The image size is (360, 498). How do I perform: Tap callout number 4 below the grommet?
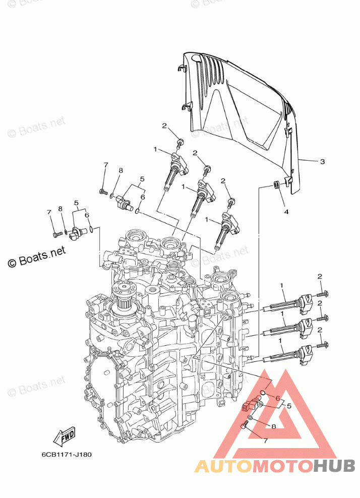286,212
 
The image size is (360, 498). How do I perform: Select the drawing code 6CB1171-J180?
67,454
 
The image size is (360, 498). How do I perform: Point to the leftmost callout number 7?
49,212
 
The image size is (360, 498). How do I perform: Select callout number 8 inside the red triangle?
273,426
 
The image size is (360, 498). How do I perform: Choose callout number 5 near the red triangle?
289,405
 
